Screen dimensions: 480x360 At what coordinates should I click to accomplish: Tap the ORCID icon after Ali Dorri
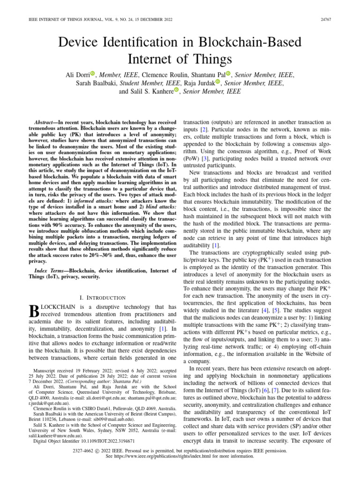point(92,74)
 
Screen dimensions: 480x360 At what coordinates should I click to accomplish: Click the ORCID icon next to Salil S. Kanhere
point(177,90)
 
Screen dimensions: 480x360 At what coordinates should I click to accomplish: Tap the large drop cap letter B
point(33,311)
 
